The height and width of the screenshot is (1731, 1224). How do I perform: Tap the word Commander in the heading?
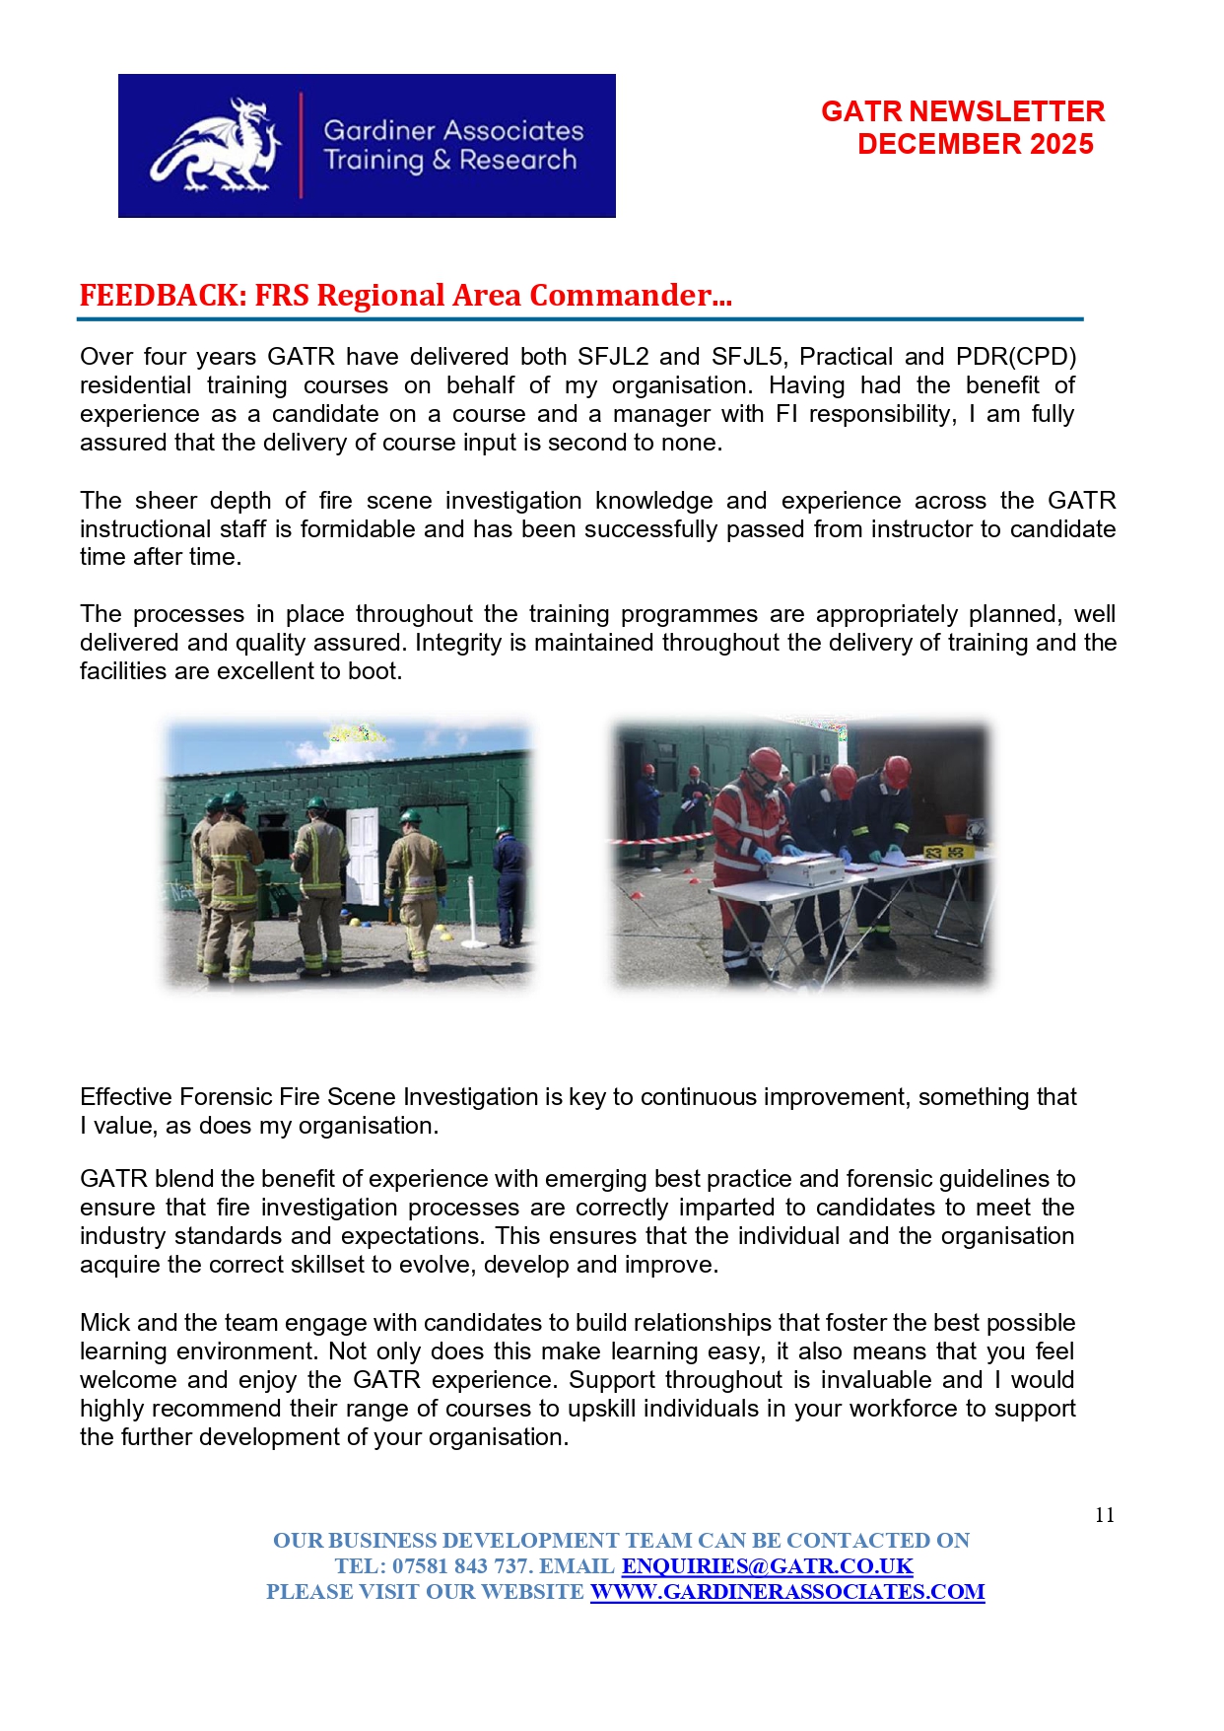coord(621,296)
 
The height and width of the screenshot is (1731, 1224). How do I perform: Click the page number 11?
coord(1105,1515)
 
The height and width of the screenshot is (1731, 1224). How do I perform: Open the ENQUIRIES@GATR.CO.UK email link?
coord(767,1566)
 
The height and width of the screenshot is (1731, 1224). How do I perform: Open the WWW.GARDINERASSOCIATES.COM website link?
coord(786,1592)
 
